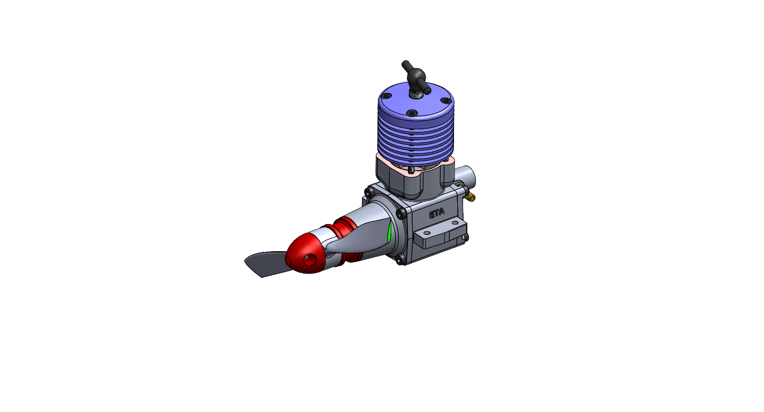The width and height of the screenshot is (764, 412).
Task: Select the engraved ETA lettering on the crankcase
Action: tap(437, 214)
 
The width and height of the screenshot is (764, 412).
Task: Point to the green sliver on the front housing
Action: tap(389, 232)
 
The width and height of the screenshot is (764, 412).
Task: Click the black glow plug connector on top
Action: tap(417, 77)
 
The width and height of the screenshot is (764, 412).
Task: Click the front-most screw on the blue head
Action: tap(412, 113)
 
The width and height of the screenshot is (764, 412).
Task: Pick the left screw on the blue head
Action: tap(387, 96)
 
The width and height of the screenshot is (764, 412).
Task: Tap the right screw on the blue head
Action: tap(445, 101)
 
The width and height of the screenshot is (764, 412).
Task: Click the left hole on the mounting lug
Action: tap(427, 233)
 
